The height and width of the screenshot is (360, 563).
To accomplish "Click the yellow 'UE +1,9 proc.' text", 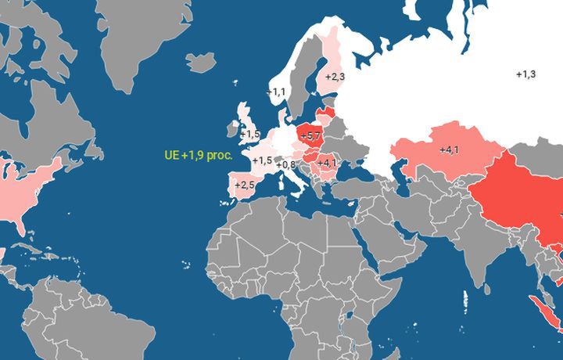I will pos(199,155).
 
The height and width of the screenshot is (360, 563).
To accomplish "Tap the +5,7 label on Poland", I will pos(310,136).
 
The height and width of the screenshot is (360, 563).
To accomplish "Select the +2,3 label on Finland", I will pos(335,77).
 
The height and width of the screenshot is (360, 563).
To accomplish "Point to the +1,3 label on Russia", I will pos(526,74).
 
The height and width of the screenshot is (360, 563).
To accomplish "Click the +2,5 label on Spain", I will pos(245,185).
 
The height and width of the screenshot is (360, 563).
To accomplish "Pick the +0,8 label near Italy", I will pos(285,165).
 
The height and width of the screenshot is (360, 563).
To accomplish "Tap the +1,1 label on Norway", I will pos(276,92).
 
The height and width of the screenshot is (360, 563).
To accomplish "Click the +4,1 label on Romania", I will pos(327,163).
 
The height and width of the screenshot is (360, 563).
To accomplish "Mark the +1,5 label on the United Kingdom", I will pos(250,135).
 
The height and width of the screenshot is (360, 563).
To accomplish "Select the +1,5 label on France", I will pos(263,160).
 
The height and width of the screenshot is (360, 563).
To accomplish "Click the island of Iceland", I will pos(201,62).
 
